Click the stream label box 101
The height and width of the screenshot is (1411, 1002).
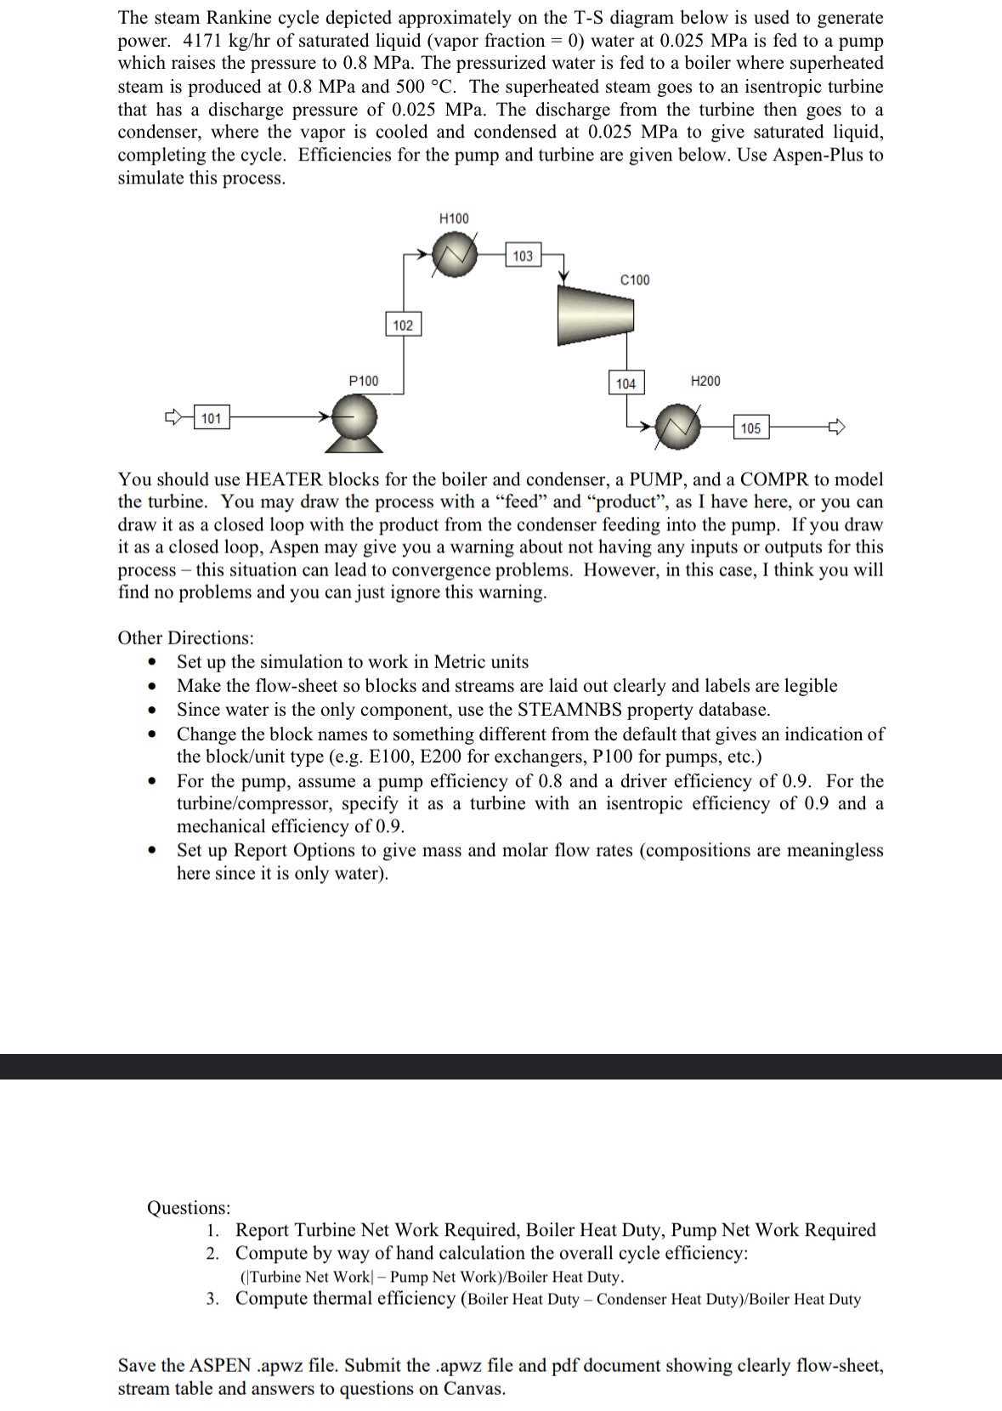pos(211,417)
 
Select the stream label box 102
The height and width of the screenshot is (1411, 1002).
pos(403,325)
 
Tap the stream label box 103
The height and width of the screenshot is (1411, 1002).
pos(523,255)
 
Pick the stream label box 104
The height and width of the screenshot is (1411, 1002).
pos(626,383)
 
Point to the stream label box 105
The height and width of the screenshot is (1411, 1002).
pos(750,428)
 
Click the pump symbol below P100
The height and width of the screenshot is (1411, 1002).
pos(355,422)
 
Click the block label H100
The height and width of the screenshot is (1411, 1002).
pos(453,218)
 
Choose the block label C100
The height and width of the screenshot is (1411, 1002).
pos(635,280)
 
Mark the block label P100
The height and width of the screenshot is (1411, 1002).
pos(364,380)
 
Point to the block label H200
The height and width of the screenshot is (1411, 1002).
pos(705,380)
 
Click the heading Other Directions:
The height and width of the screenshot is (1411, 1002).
pos(185,637)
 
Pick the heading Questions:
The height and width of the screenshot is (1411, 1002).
pos(189,1207)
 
